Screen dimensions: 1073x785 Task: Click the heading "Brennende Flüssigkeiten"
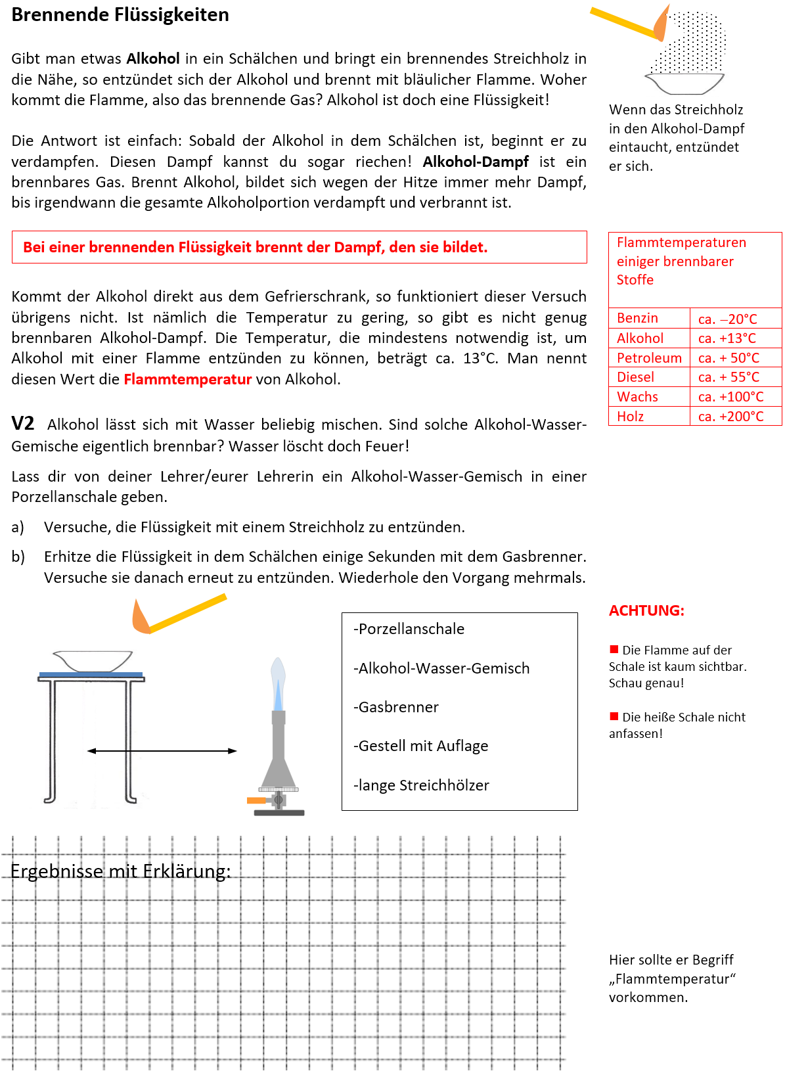coord(120,15)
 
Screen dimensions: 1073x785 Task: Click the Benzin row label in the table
coord(637,318)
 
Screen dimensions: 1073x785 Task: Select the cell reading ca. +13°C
coord(727,338)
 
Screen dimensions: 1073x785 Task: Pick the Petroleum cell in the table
coord(649,358)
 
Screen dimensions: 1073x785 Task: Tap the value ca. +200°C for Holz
coord(730,417)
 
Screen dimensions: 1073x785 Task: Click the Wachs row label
coord(637,397)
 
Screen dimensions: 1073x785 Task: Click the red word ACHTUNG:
coord(646,610)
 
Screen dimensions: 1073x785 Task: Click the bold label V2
coord(23,424)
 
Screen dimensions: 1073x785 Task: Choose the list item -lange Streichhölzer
coord(421,785)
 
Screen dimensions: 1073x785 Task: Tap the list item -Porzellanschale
coord(409,629)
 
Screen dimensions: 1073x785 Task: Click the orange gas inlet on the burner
coord(256,800)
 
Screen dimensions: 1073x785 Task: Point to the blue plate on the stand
coord(91,675)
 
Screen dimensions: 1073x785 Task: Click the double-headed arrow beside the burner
coord(162,750)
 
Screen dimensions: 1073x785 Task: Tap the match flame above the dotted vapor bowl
coord(662,25)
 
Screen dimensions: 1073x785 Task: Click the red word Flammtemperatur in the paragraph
coord(187,379)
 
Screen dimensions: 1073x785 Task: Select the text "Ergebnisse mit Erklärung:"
coord(121,871)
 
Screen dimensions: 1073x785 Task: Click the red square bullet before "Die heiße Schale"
coord(614,716)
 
